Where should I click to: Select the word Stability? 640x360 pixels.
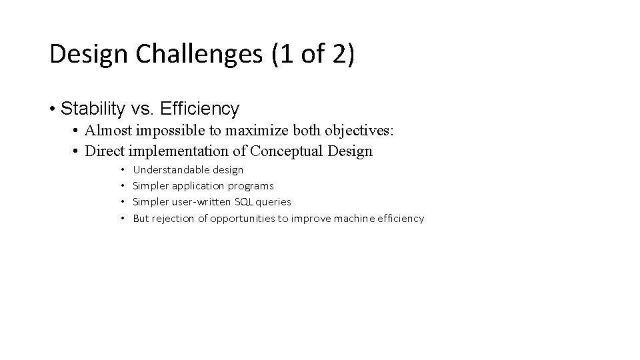(89, 107)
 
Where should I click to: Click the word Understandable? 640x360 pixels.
(171, 170)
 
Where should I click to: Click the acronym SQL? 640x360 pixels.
(240, 202)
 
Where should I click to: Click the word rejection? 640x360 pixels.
(173, 218)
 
